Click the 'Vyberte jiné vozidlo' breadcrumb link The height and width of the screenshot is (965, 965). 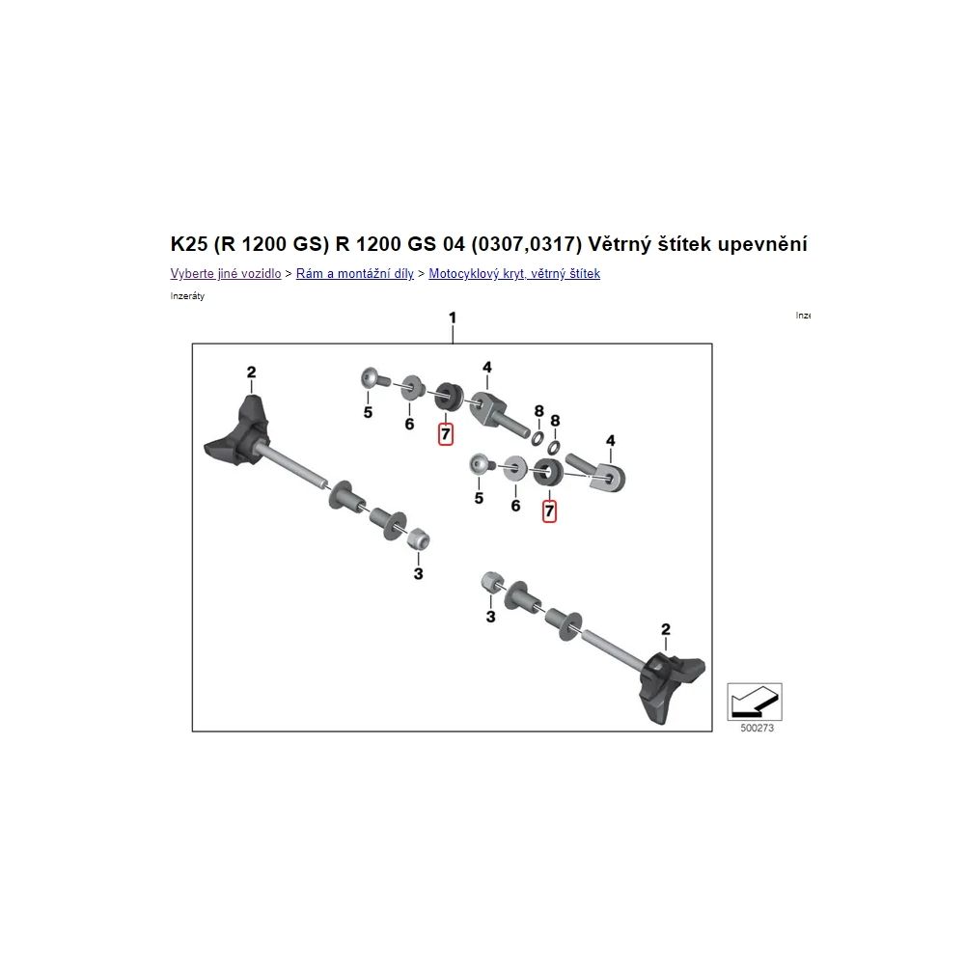pos(225,274)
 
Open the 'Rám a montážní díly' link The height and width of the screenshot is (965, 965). pos(354,274)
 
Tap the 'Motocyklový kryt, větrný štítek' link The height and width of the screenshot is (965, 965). pos(514,274)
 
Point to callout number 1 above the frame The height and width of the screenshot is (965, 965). pos(453,318)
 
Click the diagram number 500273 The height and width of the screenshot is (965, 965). pos(757,728)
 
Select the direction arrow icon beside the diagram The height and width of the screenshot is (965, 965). pos(755,702)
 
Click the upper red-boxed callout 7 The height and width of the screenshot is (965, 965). pos(446,434)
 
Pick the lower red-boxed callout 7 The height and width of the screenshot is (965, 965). pos(549,510)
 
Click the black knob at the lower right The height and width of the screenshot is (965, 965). pos(670,686)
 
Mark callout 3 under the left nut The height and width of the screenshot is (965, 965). pos(419,574)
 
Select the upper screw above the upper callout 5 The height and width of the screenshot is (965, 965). pos(372,377)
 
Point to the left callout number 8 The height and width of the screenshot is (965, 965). pos(539,411)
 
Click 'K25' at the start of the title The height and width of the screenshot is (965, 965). pos(189,244)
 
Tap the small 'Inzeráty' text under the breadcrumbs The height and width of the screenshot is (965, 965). pos(187,296)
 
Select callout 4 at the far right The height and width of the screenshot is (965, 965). pos(611,441)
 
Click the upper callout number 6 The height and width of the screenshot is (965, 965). pos(409,424)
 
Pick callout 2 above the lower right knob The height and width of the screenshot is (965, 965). pos(665,629)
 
